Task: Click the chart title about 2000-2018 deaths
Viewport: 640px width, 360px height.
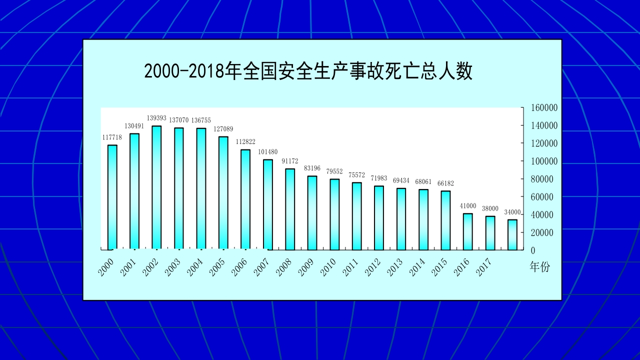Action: pyautogui.click(x=308, y=71)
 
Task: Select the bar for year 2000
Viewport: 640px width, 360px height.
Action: pyautogui.click(x=112, y=197)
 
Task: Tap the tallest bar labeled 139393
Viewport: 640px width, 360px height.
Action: pyautogui.click(x=156, y=187)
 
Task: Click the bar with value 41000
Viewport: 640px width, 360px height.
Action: pyautogui.click(x=468, y=231)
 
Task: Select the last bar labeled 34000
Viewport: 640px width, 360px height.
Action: pyautogui.click(x=512, y=234)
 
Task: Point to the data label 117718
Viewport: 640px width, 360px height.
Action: pyautogui.click(x=112, y=137)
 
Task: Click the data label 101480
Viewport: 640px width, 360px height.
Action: pyautogui.click(x=268, y=152)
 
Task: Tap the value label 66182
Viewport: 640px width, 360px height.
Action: pyautogui.click(x=445, y=183)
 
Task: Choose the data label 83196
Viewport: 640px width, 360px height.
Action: pyautogui.click(x=312, y=168)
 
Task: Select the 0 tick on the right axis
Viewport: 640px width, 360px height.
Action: pyautogui.click(x=532, y=250)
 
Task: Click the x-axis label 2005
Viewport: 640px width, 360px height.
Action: pyautogui.click(x=217, y=267)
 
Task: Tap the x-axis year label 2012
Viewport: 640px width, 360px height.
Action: pyautogui.click(x=372, y=267)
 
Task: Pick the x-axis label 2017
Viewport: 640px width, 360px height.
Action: pyautogui.click(x=483, y=267)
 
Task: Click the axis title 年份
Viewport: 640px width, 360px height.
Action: pyautogui.click(x=539, y=267)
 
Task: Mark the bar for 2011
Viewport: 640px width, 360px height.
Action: pyautogui.click(x=357, y=216)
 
